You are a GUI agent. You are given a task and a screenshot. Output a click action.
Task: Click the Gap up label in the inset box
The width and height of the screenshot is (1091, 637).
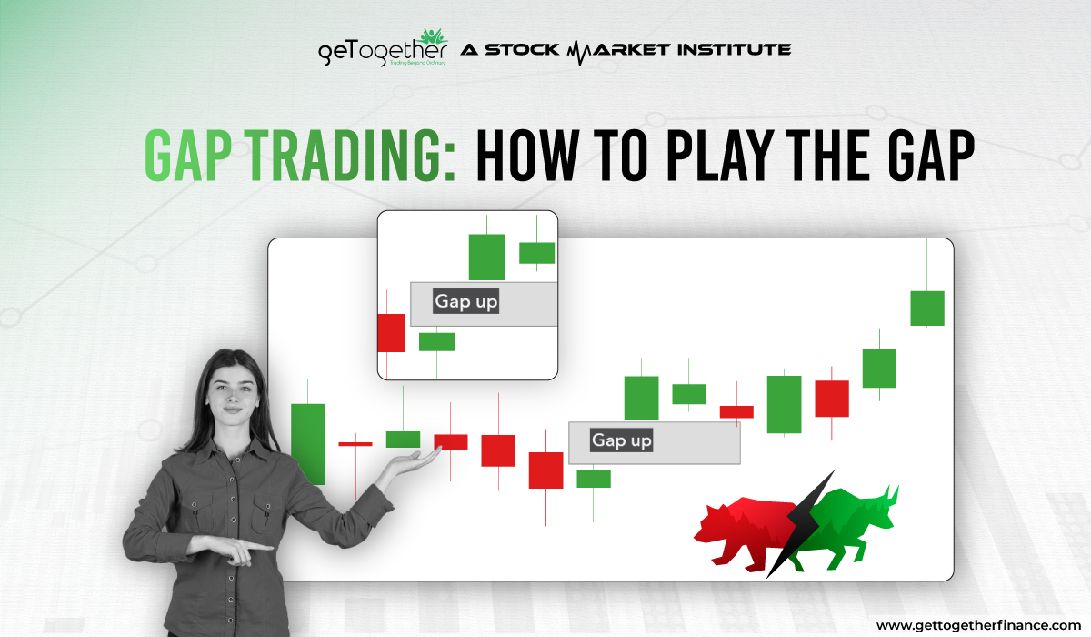(465, 301)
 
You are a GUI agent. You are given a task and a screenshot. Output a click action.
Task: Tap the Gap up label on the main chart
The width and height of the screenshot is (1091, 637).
(622, 440)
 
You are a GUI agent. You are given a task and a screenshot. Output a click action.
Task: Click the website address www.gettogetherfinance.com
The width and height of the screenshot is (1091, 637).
(978, 625)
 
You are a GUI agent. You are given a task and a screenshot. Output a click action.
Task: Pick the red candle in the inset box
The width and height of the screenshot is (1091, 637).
(390, 332)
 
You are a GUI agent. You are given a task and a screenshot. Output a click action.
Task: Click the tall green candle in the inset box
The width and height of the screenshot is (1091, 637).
(486, 257)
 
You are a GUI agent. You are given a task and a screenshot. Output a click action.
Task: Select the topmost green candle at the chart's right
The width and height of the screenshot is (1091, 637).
(927, 308)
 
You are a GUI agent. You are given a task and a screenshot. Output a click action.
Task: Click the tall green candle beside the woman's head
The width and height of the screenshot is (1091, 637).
(307, 443)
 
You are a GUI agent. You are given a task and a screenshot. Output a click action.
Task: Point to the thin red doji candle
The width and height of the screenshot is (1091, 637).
(355, 443)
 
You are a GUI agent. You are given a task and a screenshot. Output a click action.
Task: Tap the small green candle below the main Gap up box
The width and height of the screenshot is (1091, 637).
(594, 479)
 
